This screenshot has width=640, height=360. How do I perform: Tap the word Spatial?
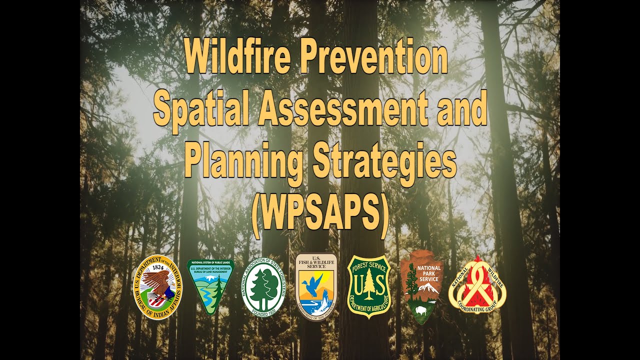point(204,110)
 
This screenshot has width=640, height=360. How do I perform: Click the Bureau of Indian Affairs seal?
point(157,287)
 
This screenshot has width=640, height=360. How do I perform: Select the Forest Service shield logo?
point(368,286)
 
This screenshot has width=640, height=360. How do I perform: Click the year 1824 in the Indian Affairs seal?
point(158,268)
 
